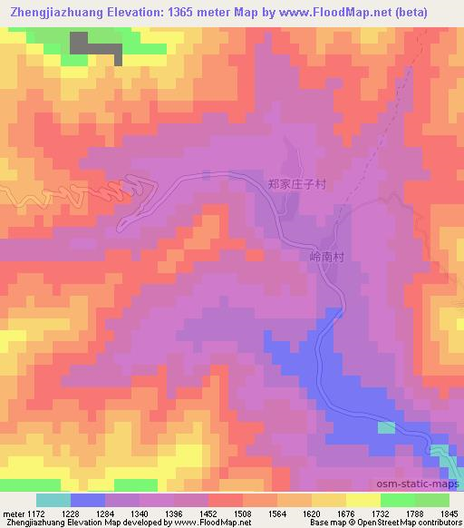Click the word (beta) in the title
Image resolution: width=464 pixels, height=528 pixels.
[x=435, y=12]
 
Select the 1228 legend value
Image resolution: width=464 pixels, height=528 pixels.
[x=84, y=513]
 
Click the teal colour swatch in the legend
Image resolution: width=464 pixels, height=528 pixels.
[x=53, y=500]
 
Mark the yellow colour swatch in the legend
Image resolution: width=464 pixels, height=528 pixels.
[x=362, y=500]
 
